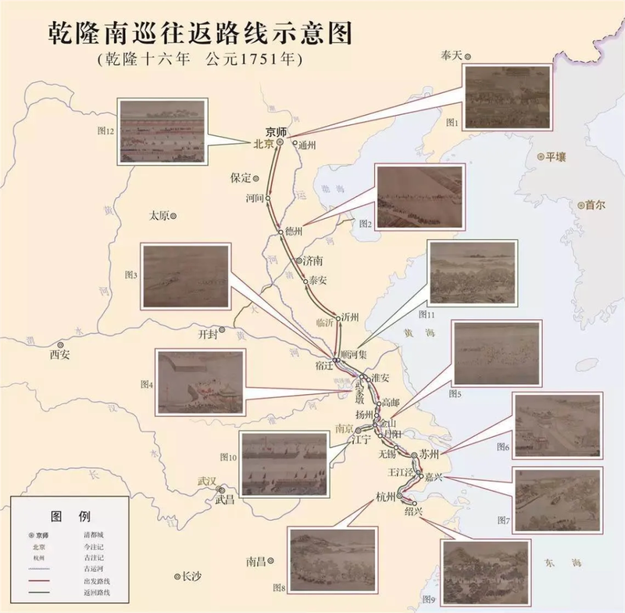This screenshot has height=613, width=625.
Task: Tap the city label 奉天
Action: pos(452,53)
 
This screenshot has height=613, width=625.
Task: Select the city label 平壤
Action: pos(556,157)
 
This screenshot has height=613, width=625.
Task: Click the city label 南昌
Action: pos(256,561)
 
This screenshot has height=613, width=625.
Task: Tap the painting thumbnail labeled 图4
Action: pos(201,382)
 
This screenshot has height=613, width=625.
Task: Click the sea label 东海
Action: pos(562,562)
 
